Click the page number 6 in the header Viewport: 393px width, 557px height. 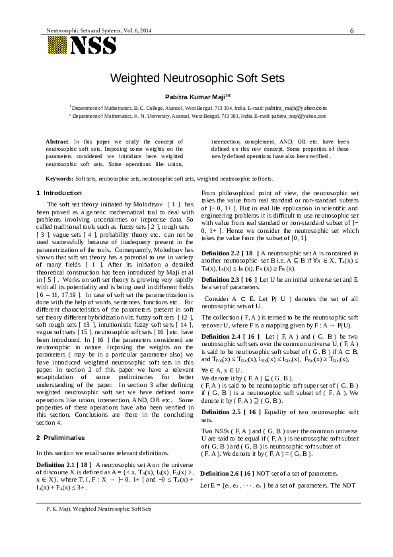pyautogui.click(x=351, y=30)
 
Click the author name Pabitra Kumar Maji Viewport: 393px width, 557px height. pyautogui.click(x=196, y=96)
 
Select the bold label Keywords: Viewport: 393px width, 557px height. pyautogui.click(x=59, y=179)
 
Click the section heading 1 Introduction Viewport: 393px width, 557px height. pyautogui.click(x=59, y=193)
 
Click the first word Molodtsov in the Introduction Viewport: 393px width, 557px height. pyautogui.click(x=147, y=205)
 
